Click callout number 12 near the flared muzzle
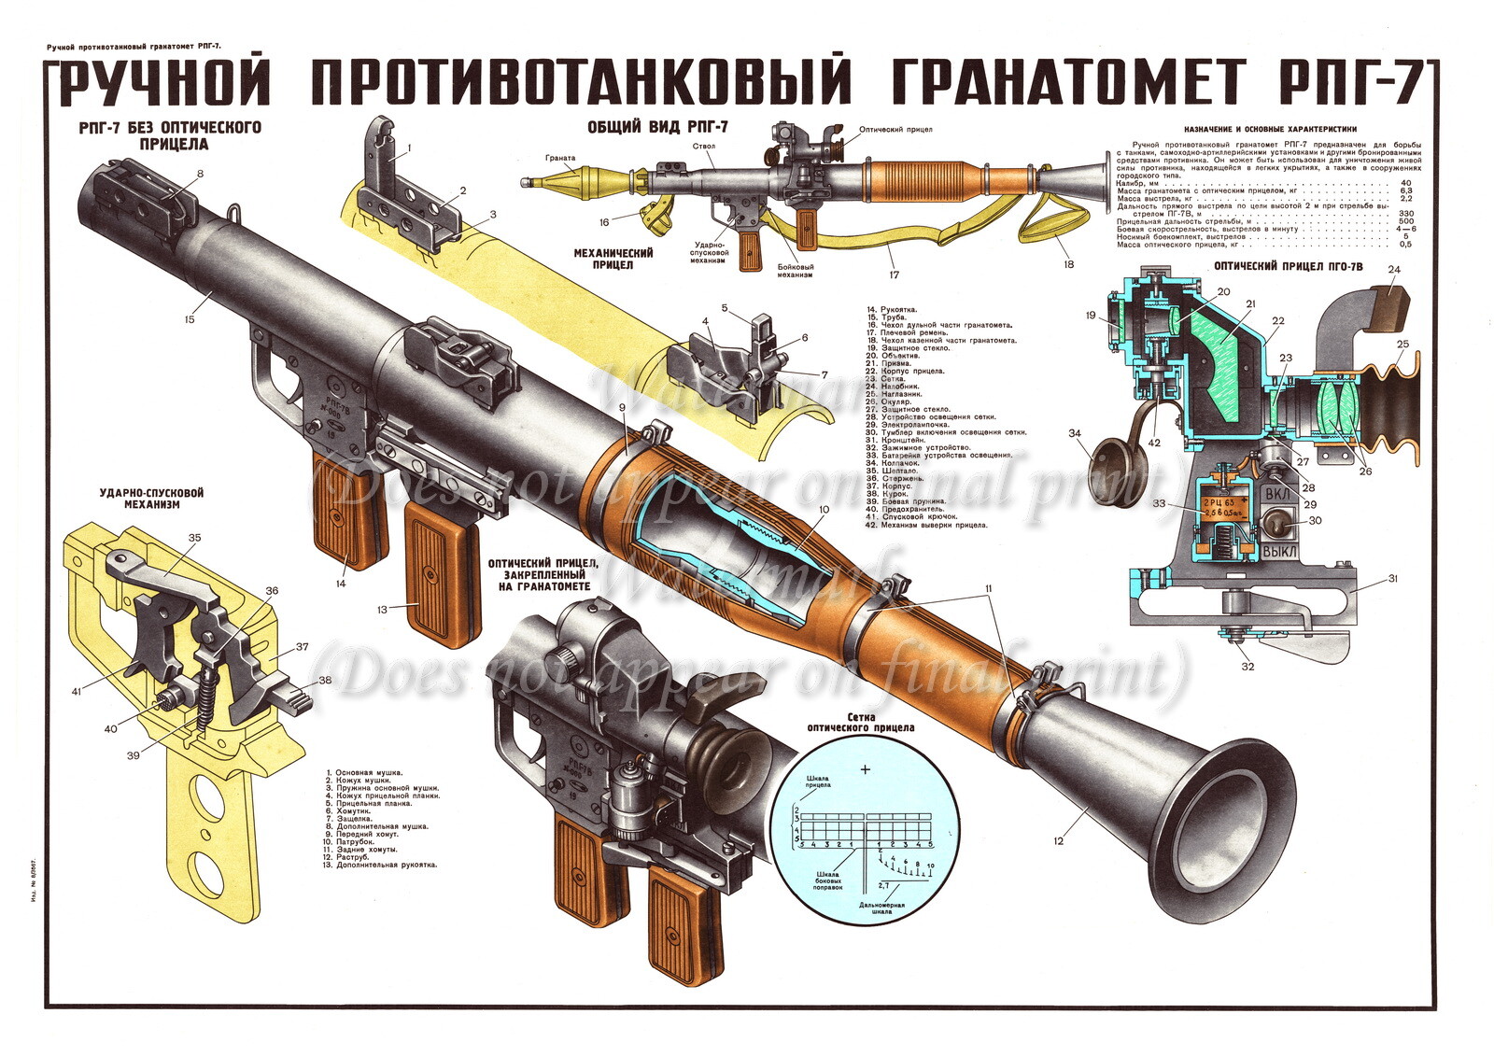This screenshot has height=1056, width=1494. [x=1058, y=841]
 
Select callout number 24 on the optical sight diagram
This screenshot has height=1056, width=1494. [x=1394, y=270]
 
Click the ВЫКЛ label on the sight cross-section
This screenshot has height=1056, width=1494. [x=1278, y=553]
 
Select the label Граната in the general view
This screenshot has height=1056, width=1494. [x=561, y=158]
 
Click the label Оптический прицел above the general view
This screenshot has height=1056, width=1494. [x=895, y=130]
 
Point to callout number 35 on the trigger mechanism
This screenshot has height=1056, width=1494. [x=194, y=538]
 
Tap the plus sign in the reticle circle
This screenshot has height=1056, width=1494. [x=866, y=769]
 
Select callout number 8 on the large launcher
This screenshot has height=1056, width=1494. [x=200, y=174]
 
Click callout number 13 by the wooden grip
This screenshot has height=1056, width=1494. [x=383, y=610]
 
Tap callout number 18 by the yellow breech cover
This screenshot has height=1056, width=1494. [x=1068, y=264]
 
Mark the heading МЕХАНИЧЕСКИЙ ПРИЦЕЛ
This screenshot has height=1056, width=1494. [x=612, y=259]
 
